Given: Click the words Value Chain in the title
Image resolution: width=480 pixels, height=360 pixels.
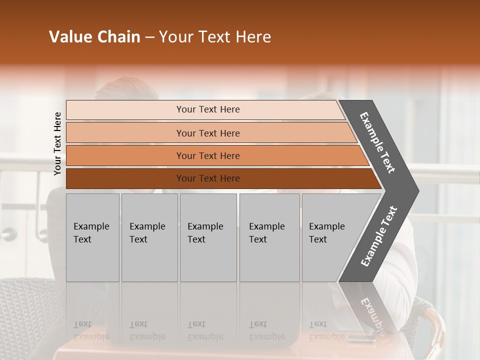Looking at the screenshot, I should tap(94, 37).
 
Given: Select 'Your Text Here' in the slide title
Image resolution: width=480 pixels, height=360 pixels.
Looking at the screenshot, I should tap(215, 37).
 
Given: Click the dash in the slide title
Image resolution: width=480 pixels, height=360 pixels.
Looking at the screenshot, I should tap(149, 37).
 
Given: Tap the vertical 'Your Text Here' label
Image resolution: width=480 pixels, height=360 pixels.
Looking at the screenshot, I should tap(57, 143).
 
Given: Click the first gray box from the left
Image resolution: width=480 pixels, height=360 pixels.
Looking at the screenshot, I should tap(92, 237).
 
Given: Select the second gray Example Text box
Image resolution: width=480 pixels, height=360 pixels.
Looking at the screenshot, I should tap(149, 237).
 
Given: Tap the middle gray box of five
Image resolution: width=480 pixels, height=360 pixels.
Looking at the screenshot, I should tap(208, 237).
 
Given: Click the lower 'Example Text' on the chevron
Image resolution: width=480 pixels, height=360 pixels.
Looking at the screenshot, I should tap(379, 236).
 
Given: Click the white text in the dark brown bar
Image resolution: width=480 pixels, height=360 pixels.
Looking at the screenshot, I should tap(208, 178).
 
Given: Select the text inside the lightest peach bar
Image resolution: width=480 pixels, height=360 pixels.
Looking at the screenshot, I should tap(208, 109).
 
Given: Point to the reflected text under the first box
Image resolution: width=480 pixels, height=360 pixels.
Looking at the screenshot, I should tap(91, 330).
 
